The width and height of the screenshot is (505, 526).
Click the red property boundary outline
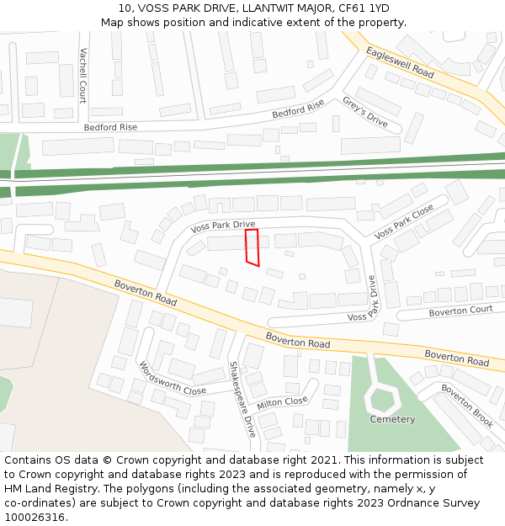tap(252, 247)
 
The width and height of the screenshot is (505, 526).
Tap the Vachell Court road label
tap(82, 74)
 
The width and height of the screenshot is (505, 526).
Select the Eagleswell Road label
tap(400, 62)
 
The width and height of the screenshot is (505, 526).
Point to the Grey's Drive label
tap(364, 112)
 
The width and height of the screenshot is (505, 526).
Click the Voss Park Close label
tap(404, 220)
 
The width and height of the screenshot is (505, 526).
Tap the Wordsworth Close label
tap(172, 379)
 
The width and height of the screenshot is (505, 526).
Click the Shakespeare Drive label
tap(242, 399)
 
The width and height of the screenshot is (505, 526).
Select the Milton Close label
tap(282, 402)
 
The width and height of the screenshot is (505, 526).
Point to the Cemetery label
tap(392, 419)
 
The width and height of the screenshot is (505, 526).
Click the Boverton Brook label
tap(467, 406)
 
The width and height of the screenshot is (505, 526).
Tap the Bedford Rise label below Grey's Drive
tap(298, 109)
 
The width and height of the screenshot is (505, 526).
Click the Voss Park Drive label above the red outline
tap(222, 226)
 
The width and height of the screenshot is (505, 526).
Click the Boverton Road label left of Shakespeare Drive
tap(146, 293)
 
